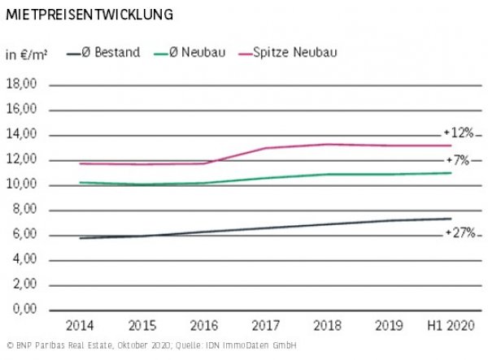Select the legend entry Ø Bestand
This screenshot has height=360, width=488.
click(x=113, y=53)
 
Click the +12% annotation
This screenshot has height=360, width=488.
click(x=459, y=132)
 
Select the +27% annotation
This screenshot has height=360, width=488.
click(x=459, y=233)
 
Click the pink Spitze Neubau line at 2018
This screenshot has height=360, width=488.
click(x=328, y=144)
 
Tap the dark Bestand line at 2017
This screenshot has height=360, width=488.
click(x=265, y=228)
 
